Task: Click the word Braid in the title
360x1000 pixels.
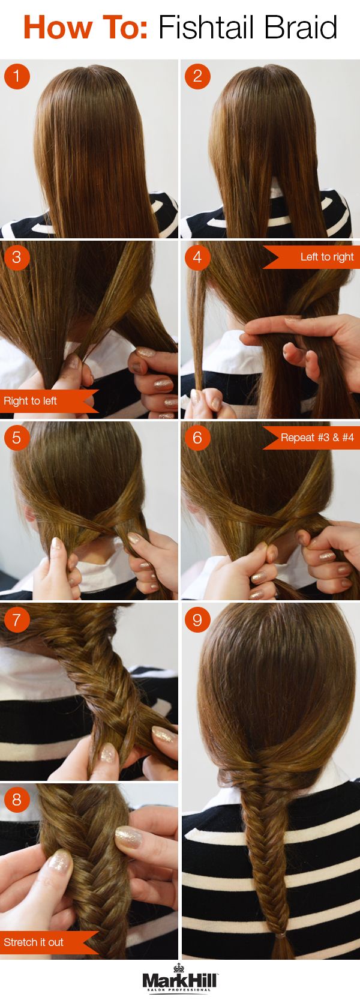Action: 301,28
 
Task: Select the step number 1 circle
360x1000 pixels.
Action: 17,76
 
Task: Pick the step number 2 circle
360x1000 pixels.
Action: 197,76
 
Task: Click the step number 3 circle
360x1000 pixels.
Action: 17,257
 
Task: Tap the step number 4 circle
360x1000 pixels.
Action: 197,257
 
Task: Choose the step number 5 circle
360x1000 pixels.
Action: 17,438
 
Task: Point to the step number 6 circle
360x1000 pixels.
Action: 197,438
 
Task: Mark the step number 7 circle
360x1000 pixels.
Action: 17,619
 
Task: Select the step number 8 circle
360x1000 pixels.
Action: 17,800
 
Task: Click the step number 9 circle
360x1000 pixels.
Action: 197,619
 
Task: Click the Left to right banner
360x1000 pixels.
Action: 312,257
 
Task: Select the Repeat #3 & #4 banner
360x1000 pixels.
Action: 312,438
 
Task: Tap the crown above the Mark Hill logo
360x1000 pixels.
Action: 179,968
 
